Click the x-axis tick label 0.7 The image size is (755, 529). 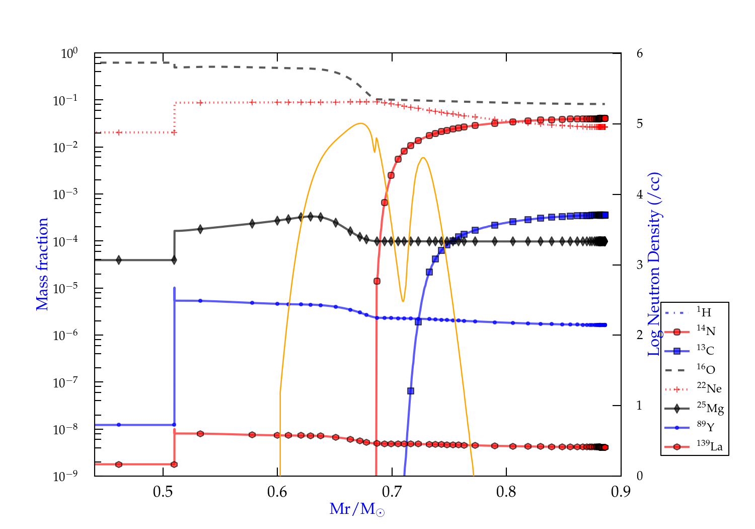(x=392, y=492)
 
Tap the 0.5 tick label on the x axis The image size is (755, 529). (x=163, y=492)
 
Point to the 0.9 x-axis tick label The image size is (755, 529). (x=621, y=492)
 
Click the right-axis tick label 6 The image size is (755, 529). (x=639, y=53)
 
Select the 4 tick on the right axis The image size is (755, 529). (x=639, y=194)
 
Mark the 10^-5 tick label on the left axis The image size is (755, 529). (x=65, y=288)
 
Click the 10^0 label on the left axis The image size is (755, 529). (x=69, y=53)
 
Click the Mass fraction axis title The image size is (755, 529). (x=42, y=264)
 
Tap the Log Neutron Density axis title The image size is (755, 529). (x=654, y=264)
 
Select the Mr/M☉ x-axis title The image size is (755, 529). (x=357, y=509)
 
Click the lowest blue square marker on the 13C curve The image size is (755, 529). (x=411, y=391)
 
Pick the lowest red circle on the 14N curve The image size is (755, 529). (x=376, y=281)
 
